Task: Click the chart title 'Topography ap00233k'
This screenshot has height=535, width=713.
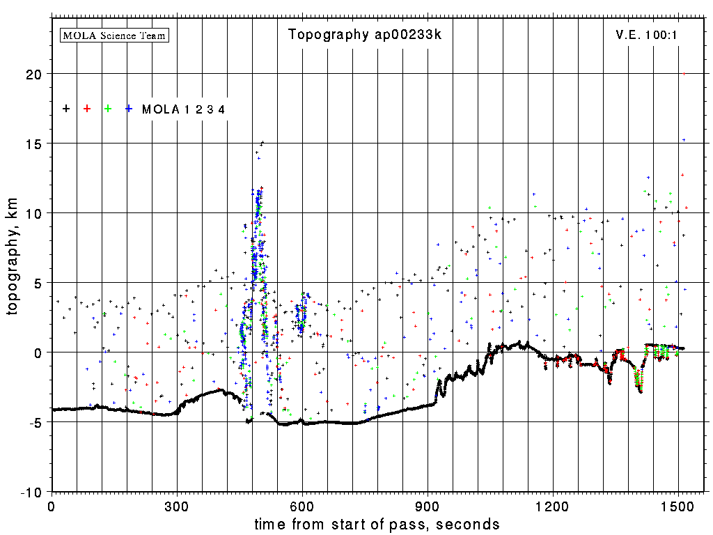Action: [x=364, y=35]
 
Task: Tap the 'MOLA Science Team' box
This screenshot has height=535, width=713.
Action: [x=115, y=35]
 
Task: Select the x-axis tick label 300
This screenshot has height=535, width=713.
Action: [x=177, y=504]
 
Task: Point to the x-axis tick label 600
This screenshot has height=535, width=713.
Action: [x=302, y=504]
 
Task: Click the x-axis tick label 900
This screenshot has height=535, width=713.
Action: [x=428, y=504]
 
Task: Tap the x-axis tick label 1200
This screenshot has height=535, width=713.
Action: [x=553, y=504]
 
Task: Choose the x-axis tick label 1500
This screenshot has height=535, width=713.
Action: [x=678, y=504]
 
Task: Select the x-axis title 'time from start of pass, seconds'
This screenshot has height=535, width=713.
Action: [x=377, y=524]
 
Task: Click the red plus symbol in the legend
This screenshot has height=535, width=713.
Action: [x=87, y=109]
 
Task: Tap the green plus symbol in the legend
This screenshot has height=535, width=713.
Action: [x=108, y=109]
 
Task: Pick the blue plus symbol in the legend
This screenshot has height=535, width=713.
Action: [x=129, y=109]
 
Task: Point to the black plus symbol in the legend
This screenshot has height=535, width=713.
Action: [x=66, y=109]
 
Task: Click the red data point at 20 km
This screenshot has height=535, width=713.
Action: [x=684, y=74]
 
